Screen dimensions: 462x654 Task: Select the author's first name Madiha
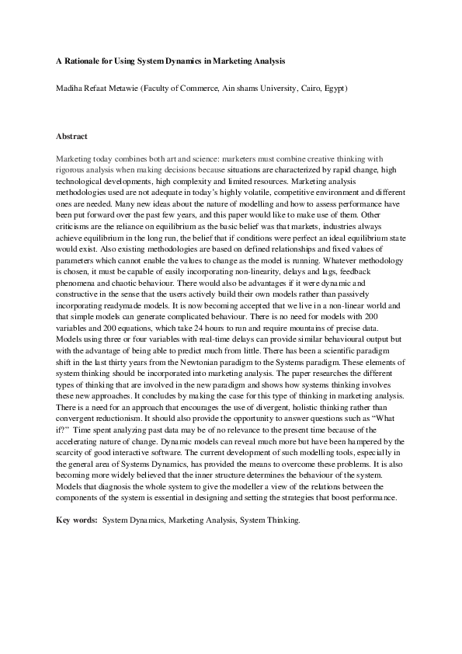click(x=68, y=89)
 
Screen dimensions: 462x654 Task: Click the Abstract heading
click(x=71, y=136)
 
